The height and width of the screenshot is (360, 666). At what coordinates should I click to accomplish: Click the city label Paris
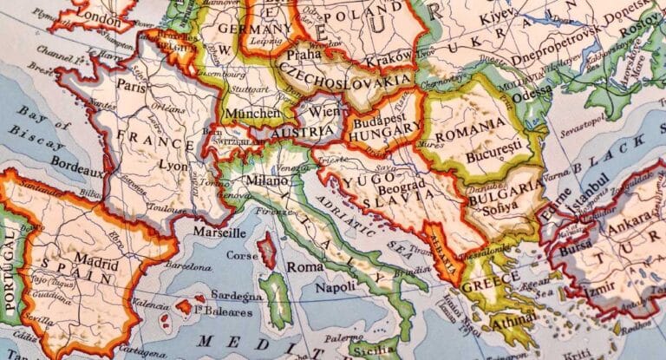(132, 87)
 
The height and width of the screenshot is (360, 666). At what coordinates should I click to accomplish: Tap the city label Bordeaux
(78, 161)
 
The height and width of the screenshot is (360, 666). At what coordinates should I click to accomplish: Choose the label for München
(251, 113)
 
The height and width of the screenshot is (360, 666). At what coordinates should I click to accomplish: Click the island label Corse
(244, 257)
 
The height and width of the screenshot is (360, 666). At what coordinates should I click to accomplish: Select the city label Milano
(266, 180)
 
